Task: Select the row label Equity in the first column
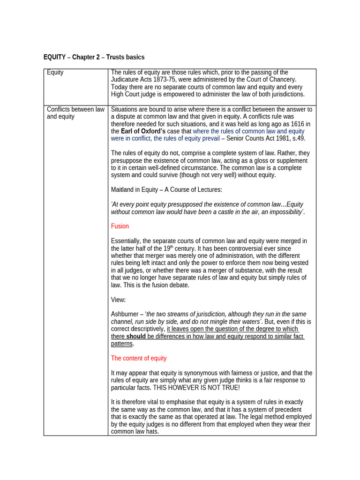click(55, 73)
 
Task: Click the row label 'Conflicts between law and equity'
click(75, 113)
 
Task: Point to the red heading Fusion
click(120, 226)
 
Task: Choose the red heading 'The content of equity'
click(139, 358)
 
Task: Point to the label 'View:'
click(118, 300)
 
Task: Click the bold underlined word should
click(136, 336)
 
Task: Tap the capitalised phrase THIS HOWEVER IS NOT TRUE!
click(200, 388)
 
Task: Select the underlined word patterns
click(121, 344)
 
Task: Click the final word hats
click(151, 431)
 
